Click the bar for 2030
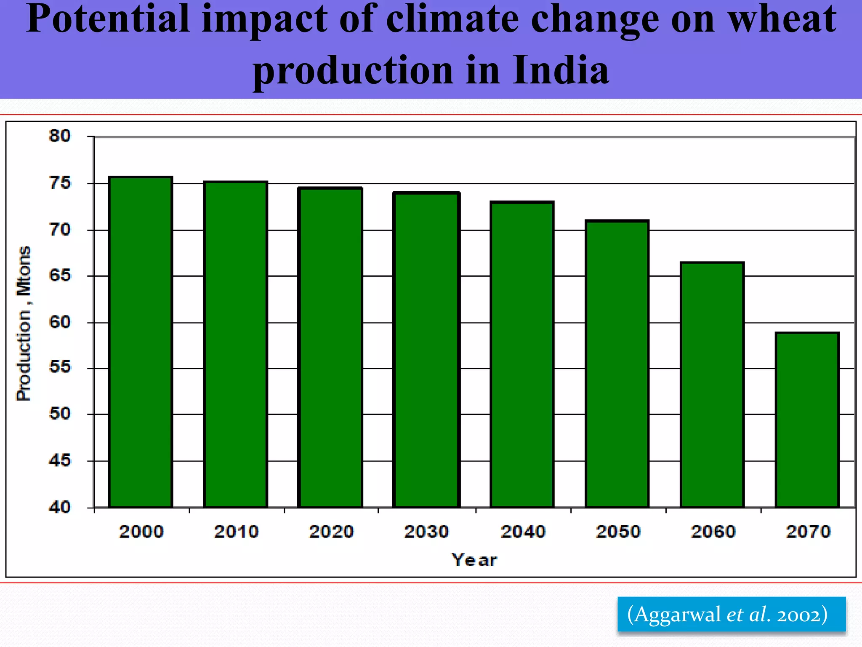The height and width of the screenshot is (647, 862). [426, 350]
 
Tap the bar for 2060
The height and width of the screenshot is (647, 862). [712, 385]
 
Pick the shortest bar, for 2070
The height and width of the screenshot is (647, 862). [807, 420]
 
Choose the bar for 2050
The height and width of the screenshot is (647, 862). [617, 364]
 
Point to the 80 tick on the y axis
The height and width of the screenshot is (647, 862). [60, 136]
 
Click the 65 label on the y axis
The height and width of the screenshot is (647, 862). [60, 275]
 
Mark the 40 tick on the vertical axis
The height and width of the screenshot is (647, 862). [60, 507]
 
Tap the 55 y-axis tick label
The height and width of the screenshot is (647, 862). [60, 367]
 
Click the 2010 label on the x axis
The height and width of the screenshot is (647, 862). [236, 532]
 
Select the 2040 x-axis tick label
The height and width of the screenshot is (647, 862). [523, 532]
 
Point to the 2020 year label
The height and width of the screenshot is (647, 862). [331, 532]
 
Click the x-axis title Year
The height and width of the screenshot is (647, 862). [474, 560]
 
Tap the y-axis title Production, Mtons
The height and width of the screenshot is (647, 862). [24, 323]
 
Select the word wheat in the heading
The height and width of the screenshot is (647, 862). [782, 19]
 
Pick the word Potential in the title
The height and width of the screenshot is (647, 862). [108, 19]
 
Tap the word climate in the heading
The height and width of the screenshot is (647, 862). [452, 19]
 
